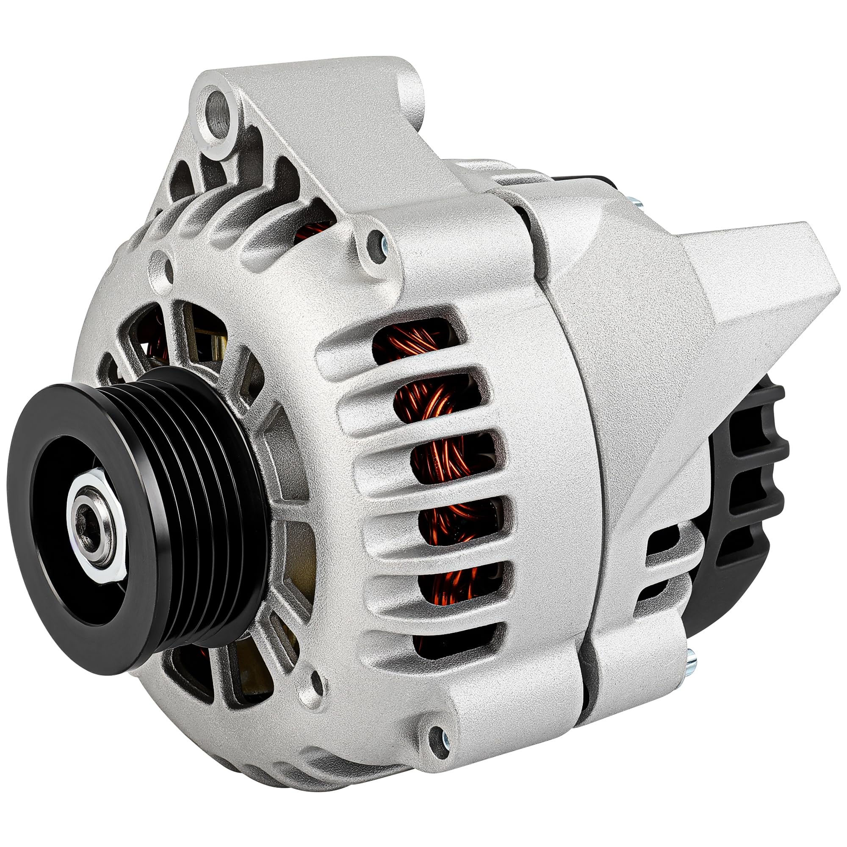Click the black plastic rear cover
tap(745, 482)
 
